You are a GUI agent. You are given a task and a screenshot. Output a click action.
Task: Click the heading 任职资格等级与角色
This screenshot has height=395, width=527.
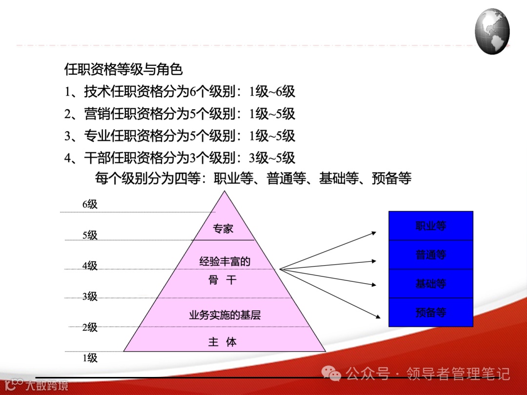click(123, 70)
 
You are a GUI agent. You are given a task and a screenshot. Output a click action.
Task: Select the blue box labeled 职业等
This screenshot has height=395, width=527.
click(431, 226)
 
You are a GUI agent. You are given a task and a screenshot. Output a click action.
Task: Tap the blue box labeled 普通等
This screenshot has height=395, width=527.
click(431, 255)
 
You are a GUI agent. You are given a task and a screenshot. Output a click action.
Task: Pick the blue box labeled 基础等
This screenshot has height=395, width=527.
click(431, 283)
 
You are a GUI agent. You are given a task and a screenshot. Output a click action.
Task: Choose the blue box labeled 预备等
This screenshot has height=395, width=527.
click(431, 312)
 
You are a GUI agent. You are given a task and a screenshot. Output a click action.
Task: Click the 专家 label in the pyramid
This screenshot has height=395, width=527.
click(223, 229)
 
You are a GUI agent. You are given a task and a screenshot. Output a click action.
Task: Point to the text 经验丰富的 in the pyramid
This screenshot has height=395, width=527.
click(224, 261)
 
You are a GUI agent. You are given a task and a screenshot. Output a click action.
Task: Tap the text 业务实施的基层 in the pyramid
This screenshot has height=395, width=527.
click(225, 315)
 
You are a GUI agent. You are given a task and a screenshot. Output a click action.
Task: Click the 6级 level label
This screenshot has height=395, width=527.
click(90, 204)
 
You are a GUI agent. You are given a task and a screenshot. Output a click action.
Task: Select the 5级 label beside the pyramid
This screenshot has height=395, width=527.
click(90, 235)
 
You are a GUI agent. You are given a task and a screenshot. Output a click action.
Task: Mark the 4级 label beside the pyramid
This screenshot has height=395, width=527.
click(90, 266)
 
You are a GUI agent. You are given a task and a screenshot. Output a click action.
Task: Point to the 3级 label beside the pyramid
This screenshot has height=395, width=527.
click(90, 296)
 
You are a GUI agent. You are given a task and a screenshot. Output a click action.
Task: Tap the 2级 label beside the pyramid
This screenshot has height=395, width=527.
click(90, 328)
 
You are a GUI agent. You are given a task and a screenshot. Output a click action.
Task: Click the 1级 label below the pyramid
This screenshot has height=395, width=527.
click(90, 358)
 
